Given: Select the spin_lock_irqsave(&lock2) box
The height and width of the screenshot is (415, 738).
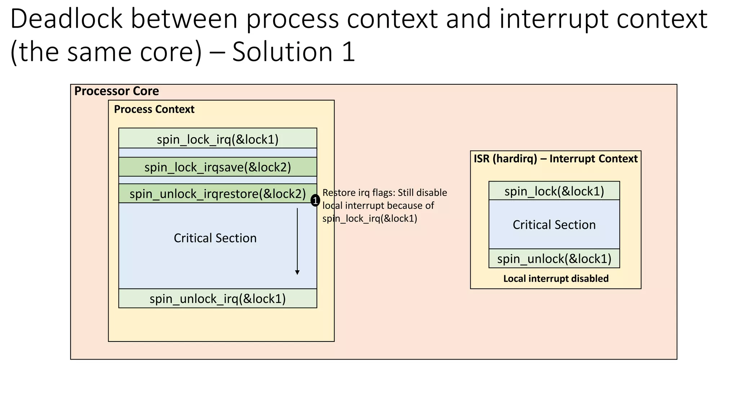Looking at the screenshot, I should pos(218,167).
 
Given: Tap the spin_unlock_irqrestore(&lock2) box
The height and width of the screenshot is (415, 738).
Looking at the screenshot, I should pos(218,194).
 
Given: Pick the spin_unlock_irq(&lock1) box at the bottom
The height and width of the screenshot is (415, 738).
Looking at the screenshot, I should pos(218,299).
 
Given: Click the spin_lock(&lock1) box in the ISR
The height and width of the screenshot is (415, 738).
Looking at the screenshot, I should pos(554,191).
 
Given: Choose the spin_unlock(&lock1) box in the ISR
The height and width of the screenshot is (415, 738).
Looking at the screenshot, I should pos(554,259).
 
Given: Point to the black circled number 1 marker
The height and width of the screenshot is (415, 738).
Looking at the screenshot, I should pos(315,201).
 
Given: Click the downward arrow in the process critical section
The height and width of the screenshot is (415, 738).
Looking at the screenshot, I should pos(297,241).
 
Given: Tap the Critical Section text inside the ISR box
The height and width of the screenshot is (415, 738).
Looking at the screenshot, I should pos(554,225).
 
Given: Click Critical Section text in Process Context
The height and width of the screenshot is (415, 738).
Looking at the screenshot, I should pos(215,238).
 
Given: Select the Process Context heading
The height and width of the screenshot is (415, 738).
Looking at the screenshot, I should pos(154,109).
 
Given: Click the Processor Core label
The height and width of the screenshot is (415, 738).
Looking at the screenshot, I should pos(116,91).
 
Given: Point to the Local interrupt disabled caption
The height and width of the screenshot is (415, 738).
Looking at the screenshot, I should pos(556,278).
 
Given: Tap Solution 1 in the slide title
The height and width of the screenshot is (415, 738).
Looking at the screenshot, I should pos(294,52).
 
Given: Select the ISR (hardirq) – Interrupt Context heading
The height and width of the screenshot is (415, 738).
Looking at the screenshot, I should pos(555,159).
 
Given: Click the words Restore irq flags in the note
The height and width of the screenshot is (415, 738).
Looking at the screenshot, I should pos(358,193).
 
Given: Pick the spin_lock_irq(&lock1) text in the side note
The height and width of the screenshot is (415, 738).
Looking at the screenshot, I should pos(370,219).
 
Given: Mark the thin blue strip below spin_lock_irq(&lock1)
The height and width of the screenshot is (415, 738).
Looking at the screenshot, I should pos(218,152).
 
